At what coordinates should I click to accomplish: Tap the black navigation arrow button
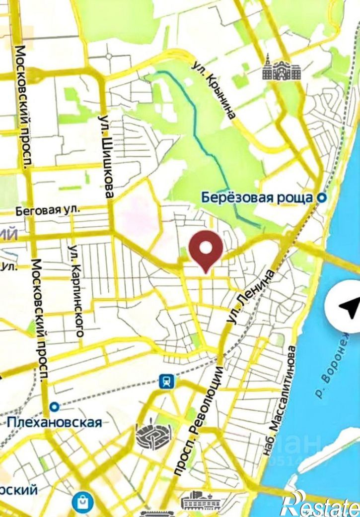coord(347,307)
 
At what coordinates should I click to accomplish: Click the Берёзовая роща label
coord(259,197)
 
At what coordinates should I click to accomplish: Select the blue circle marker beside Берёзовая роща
coord(322,197)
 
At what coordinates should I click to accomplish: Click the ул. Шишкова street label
coord(105,156)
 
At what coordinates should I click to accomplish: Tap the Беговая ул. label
coord(48,210)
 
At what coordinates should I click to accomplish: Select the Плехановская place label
coord(54,422)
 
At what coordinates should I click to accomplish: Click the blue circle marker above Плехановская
coord(54,407)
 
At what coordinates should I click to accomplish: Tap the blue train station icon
coord(167,381)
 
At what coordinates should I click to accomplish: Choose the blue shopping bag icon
coord(81,503)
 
